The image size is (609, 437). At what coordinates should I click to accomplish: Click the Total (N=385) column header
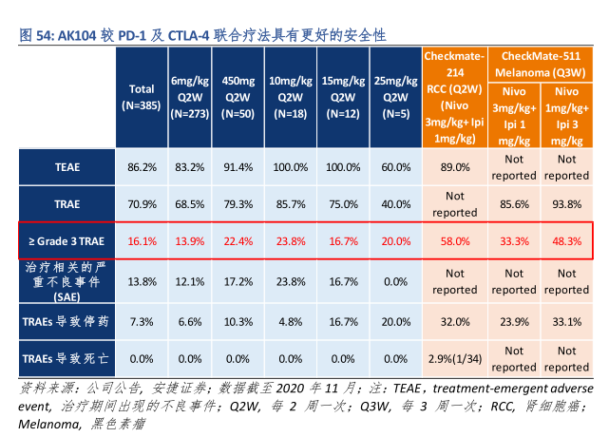142,97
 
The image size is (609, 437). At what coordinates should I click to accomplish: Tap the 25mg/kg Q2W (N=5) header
390,97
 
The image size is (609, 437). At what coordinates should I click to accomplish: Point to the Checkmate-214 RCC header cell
455,97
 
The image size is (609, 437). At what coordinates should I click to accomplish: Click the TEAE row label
67,167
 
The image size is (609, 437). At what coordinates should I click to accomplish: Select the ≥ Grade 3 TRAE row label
67,241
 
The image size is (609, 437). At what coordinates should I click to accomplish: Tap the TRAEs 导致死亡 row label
67,358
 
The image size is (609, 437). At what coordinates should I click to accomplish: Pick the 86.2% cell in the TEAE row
142,167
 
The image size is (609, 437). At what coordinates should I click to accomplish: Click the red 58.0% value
455,241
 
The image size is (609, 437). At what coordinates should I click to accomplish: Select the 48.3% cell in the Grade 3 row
567,241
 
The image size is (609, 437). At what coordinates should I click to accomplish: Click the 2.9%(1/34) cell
455,358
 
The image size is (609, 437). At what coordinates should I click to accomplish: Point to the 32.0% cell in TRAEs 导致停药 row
455,323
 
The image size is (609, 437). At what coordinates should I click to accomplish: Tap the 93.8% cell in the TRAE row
567,203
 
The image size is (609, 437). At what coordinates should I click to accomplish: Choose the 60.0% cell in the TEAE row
390,167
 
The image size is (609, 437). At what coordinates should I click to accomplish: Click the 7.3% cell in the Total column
142,323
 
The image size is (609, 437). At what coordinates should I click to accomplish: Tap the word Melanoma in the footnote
47,424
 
